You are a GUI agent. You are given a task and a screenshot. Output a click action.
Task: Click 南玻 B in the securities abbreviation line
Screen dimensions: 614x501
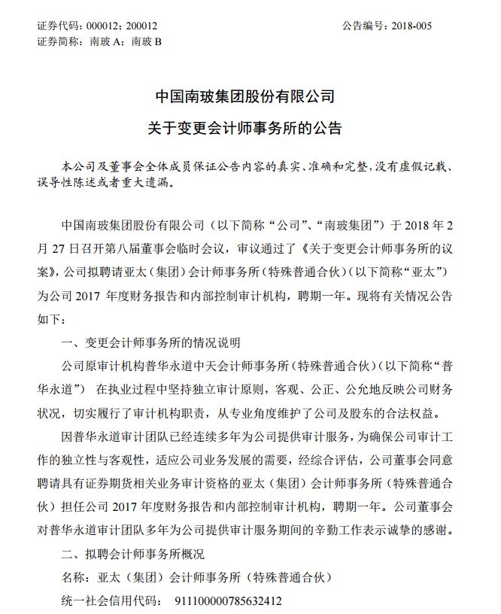[147, 41]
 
